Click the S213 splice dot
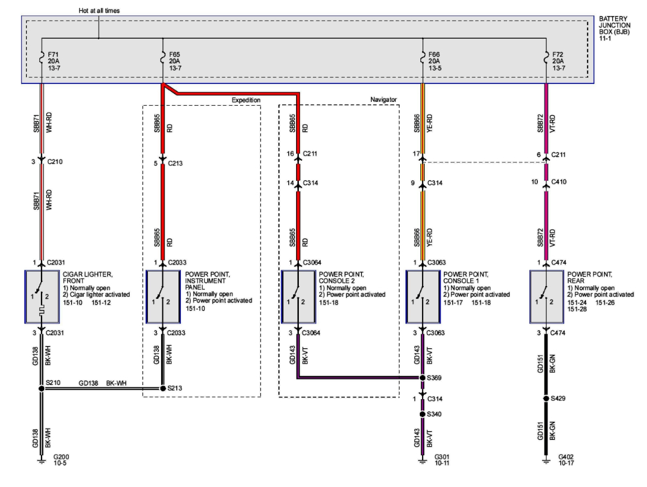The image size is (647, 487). (163, 388)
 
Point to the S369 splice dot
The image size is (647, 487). (423, 378)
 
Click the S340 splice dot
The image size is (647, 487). (423, 414)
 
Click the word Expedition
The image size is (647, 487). (246, 100)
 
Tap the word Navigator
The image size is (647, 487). (383, 100)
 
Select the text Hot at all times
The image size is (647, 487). (100, 10)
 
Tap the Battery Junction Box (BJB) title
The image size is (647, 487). (614, 26)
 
